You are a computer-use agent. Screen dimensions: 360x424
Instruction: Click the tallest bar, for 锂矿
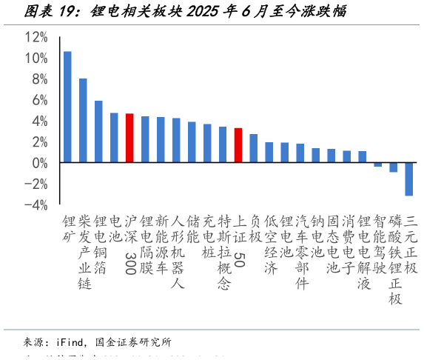pyautogui.click(x=67, y=107)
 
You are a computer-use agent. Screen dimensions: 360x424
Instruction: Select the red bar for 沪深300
pyautogui.click(x=129, y=138)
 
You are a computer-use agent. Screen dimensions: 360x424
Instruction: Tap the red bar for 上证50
pyautogui.click(x=238, y=145)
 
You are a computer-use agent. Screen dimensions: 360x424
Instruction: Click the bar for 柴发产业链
pyautogui.click(x=83, y=120)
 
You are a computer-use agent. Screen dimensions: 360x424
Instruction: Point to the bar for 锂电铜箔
pyautogui.click(x=98, y=131)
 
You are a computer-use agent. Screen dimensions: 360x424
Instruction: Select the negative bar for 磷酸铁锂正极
pyautogui.click(x=394, y=167)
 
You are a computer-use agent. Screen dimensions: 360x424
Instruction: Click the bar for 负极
pyautogui.click(x=254, y=148)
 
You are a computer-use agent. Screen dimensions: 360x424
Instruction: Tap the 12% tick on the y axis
pyautogui.click(x=36, y=37)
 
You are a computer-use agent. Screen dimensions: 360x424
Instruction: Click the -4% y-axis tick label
pyautogui.click(x=37, y=204)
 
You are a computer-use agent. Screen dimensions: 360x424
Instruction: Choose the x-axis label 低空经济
pyautogui.click(x=269, y=245)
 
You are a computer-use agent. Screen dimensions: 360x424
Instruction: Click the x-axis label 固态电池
pyautogui.click(x=332, y=245)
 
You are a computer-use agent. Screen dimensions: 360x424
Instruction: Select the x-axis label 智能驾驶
pyautogui.click(x=378, y=245)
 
